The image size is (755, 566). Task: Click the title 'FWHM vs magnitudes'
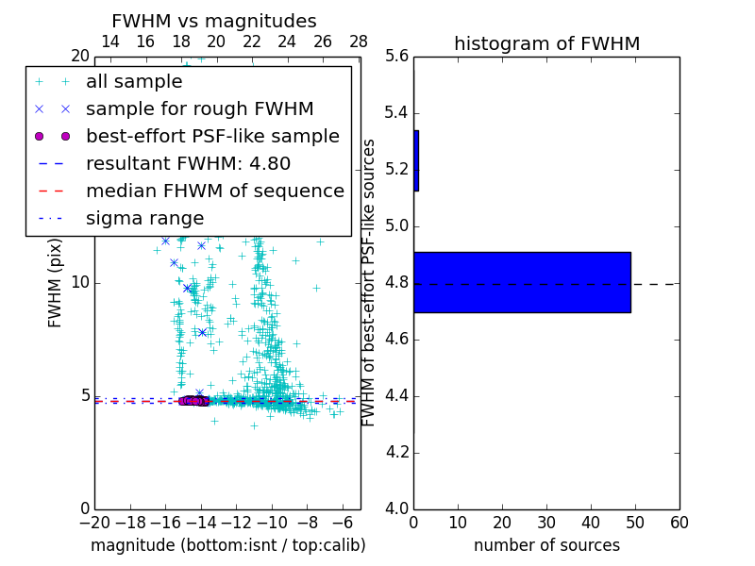point(214,21)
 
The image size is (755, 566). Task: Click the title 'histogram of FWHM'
point(546,43)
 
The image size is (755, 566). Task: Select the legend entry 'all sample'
point(134,82)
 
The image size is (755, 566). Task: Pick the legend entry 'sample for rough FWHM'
point(199,109)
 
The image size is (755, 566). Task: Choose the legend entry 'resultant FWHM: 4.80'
point(188,164)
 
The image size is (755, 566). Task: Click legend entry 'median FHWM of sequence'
point(214,191)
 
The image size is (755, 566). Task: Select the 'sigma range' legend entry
point(144,219)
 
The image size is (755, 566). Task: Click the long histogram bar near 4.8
point(522,282)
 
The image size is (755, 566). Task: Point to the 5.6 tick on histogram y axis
point(396,57)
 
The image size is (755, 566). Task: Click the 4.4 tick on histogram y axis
point(396,395)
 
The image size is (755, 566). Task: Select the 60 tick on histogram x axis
point(679,522)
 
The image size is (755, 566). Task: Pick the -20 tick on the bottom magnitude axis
point(94,522)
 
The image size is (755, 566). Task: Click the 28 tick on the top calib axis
point(359,42)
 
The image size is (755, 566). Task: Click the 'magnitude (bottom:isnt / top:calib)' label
point(227,545)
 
